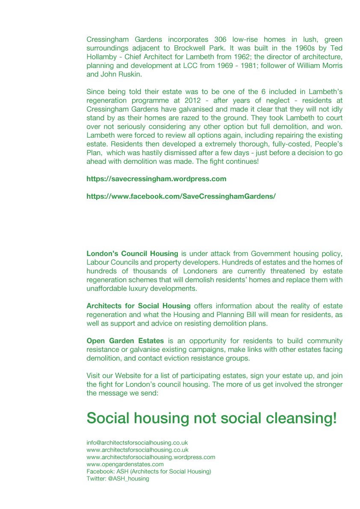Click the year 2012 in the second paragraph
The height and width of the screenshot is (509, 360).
pos(193,100)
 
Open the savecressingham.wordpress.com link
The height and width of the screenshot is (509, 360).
pos(156,179)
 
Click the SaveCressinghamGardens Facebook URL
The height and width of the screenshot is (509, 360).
pos(181,196)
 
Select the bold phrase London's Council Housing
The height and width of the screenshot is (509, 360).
pos(132,254)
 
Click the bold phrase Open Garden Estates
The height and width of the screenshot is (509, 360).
pos(125,341)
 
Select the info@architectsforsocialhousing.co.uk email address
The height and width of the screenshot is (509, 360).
pos(137,443)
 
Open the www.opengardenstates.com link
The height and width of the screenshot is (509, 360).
pos(125,464)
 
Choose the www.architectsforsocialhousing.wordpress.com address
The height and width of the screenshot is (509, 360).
pos(150,457)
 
